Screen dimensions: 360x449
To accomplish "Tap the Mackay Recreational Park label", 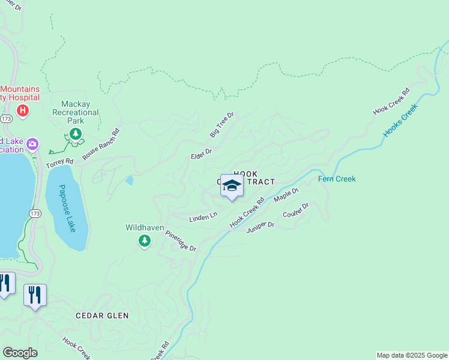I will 75,112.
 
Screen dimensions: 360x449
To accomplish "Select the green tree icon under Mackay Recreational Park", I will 75,134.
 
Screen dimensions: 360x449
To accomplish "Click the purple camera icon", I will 32,144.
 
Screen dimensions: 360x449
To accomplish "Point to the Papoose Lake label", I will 68,208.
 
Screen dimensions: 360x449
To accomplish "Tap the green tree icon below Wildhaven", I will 144,241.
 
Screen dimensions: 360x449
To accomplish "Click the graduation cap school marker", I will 232,186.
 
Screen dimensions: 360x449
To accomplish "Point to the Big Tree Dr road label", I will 221,124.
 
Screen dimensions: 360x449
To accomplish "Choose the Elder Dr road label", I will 201,154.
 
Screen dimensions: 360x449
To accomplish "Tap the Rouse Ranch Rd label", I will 101,144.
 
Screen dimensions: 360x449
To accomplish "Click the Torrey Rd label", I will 59,163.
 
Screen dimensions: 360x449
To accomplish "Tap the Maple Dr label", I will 286,194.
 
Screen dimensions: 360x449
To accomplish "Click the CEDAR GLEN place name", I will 102,315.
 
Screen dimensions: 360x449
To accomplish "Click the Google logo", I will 20,353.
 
